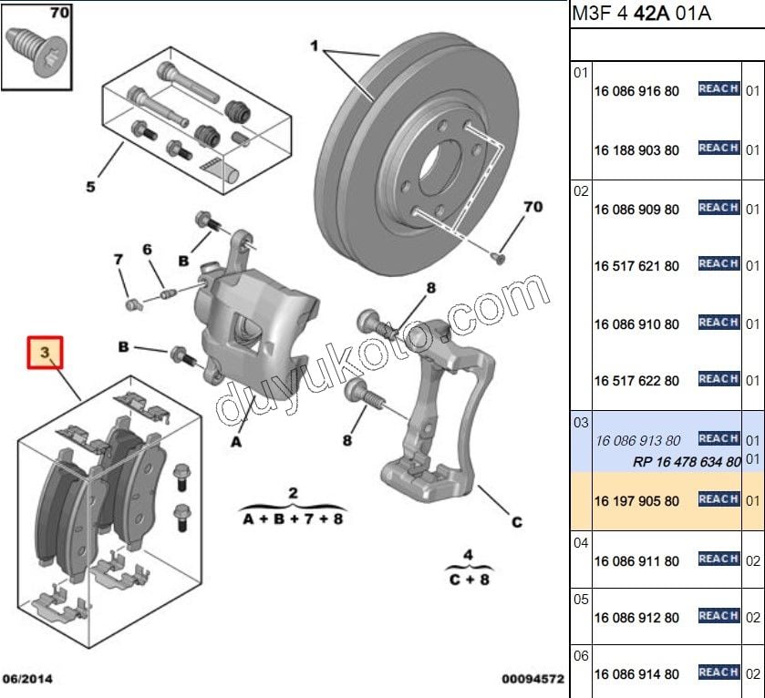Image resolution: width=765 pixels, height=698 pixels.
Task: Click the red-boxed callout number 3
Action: [45, 352]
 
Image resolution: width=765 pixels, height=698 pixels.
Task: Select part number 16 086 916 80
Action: [636, 91]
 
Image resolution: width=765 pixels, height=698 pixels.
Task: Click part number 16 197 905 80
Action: [636, 501]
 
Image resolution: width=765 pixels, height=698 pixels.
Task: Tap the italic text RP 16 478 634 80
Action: [687, 462]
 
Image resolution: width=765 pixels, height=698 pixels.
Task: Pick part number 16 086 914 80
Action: [636, 674]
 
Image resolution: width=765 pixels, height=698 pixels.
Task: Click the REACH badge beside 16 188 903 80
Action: [718, 148]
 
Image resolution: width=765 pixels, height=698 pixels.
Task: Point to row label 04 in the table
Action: [581, 542]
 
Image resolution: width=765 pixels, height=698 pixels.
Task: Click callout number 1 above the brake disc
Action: [315, 46]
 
